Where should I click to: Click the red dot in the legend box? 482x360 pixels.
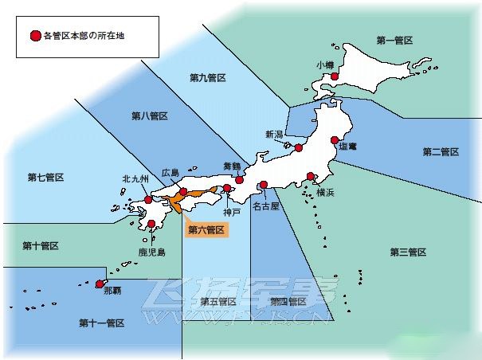[34, 36]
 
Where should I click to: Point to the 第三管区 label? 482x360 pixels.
[408, 252]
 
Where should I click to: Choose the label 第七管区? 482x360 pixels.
[45, 177]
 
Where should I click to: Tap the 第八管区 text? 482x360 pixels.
[150, 116]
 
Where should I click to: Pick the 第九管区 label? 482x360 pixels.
[208, 77]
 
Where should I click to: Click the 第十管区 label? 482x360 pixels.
[41, 246]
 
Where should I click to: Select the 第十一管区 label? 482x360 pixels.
[101, 323]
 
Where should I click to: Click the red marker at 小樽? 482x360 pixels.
[335, 76]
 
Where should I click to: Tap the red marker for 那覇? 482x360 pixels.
[100, 284]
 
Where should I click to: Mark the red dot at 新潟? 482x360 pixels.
[299, 147]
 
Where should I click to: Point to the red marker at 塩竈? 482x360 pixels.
[335, 141]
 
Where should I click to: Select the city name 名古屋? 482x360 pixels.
[266, 205]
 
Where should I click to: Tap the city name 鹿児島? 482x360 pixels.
[151, 252]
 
